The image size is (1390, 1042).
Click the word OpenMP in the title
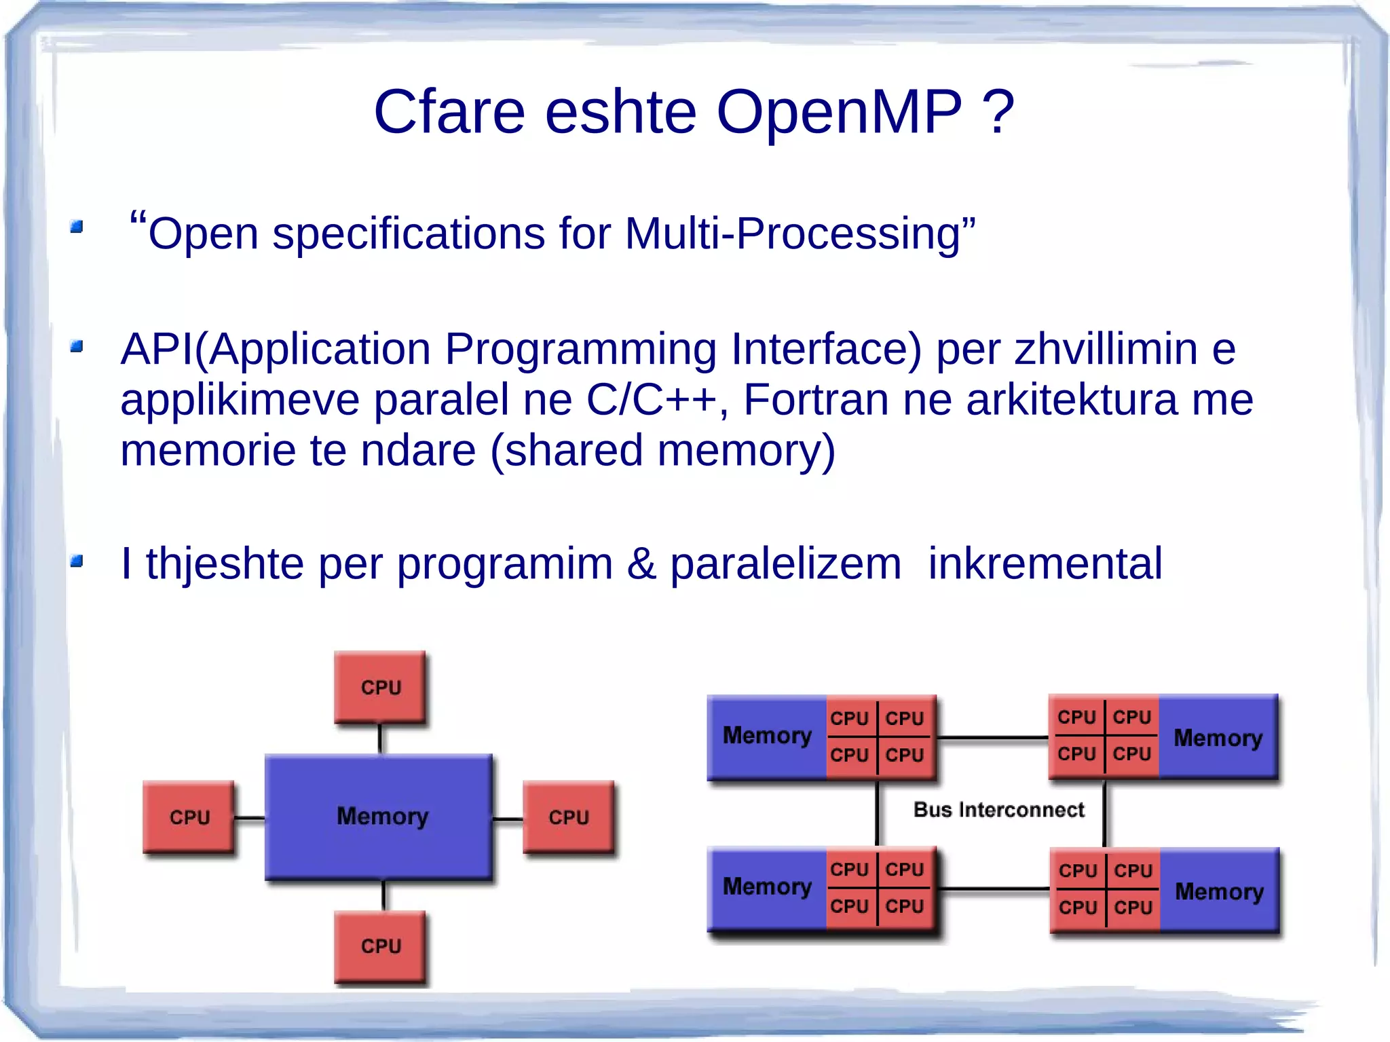pyautogui.click(x=839, y=113)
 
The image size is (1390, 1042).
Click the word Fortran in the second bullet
pyautogui.click(x=815, y=399)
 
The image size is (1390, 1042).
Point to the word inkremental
pyautogui.click(x=1045, y=563)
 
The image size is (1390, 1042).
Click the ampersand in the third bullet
pyautogui.click(x=641, y=563)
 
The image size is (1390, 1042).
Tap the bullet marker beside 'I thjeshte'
pyautogui.click(x=77, y=561)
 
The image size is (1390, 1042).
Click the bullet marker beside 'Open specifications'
pyautogui.click(x=77, y=227)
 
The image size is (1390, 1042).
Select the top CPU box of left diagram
pyautogui.click(x=380, y=687)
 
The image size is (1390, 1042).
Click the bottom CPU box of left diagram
pyautogui.click(x=380, y=946)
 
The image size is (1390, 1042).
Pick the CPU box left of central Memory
pyautogui.click(x=189, y=817)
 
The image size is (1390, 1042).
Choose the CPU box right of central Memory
pyautogui.click(x=569, y=817)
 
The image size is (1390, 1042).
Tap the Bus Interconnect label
pyautogui.click(x=998, y=810)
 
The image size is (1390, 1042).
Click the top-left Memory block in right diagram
pyautogui.click(x=766, y=737)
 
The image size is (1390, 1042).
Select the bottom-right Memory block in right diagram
pyautogui.click(x=1219, y=891)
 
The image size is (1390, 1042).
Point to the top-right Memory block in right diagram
pyautogui.click(x=1218, y=737)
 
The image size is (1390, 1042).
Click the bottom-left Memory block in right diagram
pyautogui.click(x=766, y=887)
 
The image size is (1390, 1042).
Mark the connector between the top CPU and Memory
pyautogui.click(x=379, y=739)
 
